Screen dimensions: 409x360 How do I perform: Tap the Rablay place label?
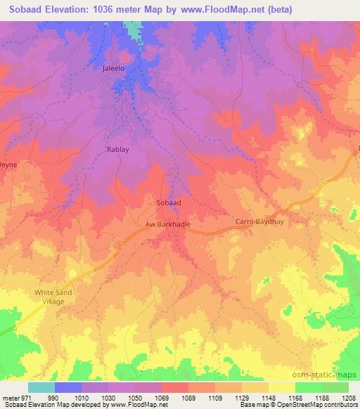point(117,150)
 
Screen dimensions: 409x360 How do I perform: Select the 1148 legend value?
point(270,398)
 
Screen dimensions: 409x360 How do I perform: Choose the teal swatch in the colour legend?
point(41,387)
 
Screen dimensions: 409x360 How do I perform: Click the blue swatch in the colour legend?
point(68,387)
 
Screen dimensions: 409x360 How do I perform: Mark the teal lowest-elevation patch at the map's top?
point(132,29)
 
